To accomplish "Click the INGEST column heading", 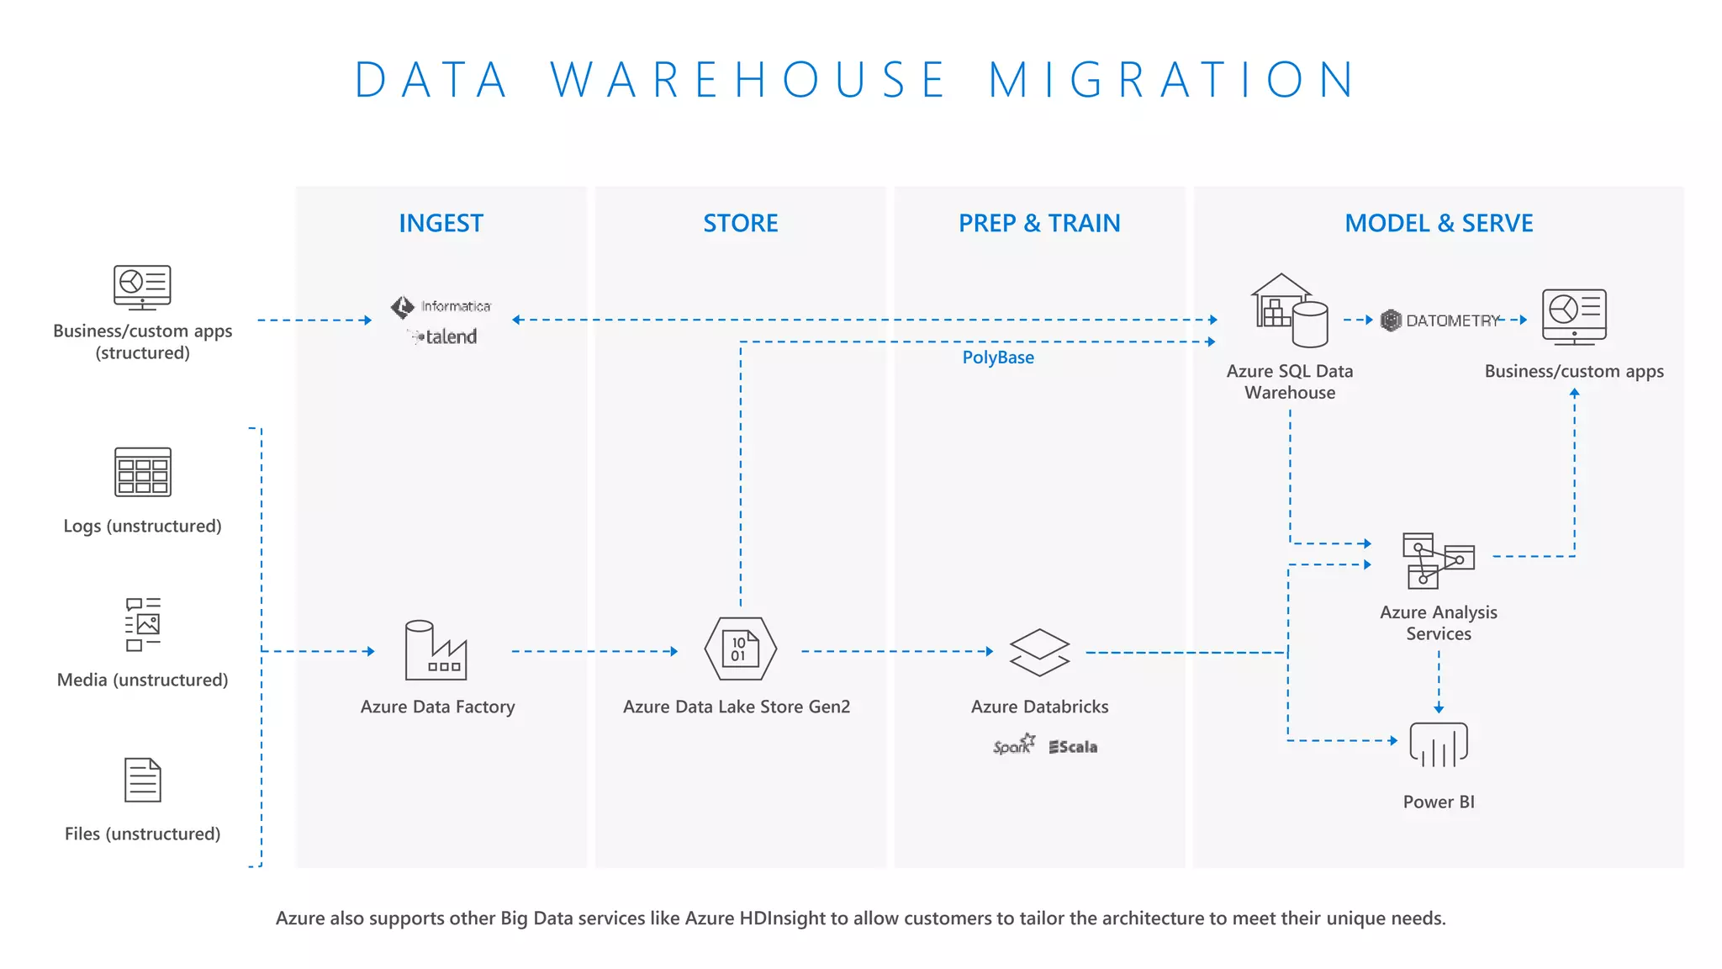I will click(x=441, y=223).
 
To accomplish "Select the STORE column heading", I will click(x=740, y=223).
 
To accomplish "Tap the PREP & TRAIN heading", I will click(x=1039, y=223).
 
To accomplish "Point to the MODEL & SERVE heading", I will click(x=1439, y=223).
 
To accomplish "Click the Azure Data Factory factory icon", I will click(x=436, y=650).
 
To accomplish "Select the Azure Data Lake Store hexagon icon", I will click(x=740, y=649).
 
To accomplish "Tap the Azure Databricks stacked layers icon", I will click(x=1039, y=652).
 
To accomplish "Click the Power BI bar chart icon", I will click(x=1439, y=744).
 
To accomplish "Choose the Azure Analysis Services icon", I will click(x=1438, y=560).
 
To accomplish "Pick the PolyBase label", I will click(x=998, y=357).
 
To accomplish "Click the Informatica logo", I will click(x=441, y=306).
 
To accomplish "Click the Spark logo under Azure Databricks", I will click(x=1013, y=745).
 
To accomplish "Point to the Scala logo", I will click(x=1073, y=747).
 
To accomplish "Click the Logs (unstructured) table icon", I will click(x=142, y=472).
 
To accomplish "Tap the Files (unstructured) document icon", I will click(x=142, y=780).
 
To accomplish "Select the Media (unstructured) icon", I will click(x=142, y=624).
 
